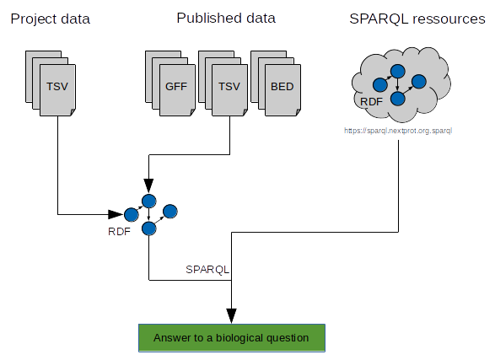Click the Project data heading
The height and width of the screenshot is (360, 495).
[51, 19]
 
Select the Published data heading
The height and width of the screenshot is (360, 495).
[226, 18]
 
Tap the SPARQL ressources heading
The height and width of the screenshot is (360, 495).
[417, 19]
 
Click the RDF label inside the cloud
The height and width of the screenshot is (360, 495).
[371, 102]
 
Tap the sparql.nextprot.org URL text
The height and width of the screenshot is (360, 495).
[398, 131]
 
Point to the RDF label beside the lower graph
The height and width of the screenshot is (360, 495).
[119, 232]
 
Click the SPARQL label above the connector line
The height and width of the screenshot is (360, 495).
[207, 270]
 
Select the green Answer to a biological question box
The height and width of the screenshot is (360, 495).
[232, 337]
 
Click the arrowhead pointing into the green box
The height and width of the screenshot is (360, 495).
[231, 316]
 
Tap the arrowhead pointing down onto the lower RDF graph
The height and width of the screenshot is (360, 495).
[148, 185]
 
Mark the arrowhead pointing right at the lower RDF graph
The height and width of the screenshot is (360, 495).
[116, 214]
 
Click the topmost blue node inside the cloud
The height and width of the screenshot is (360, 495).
[398, 72]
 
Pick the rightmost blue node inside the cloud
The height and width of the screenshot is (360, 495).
[419, 82]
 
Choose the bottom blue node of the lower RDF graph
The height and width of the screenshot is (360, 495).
[149, 228]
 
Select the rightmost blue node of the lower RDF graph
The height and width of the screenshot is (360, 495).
[170, 212]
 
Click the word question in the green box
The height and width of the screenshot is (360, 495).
[288, 338]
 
